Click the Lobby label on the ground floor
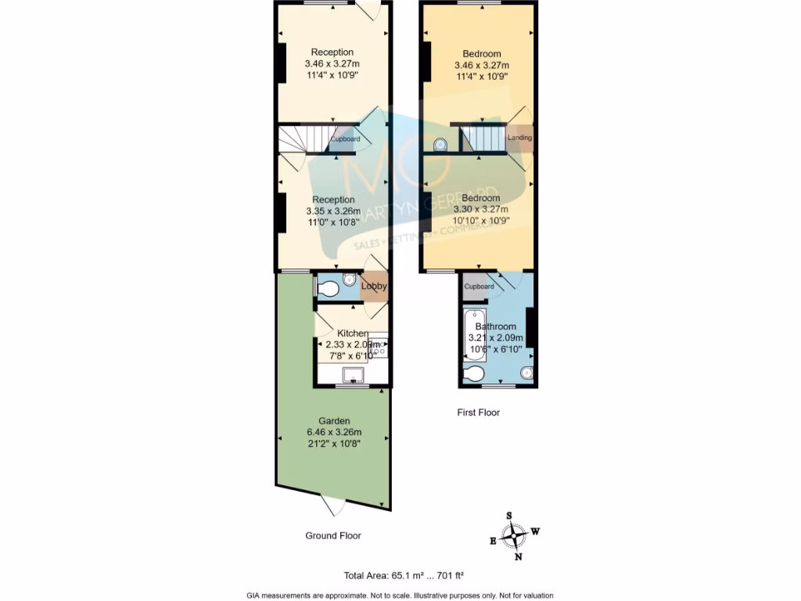click(x=374, y=286)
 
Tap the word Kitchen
click(x=351, y=333)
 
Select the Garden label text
click(x=333, y=420)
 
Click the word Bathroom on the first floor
click(x=496, y=326)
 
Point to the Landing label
click(x=519, y=138)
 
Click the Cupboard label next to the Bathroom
click(x=479, y=286)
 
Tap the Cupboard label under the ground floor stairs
click(x=345, y=139)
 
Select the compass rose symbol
click(x=514, y=536)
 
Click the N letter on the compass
click(x=518, y=557)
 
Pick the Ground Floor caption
click(x=333, y=536)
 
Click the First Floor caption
click(x=478, y=412)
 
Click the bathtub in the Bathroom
click(x=474, y=334)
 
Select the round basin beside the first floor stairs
click(x=440, y=144)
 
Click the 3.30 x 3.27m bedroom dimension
click(x=480, y=210)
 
